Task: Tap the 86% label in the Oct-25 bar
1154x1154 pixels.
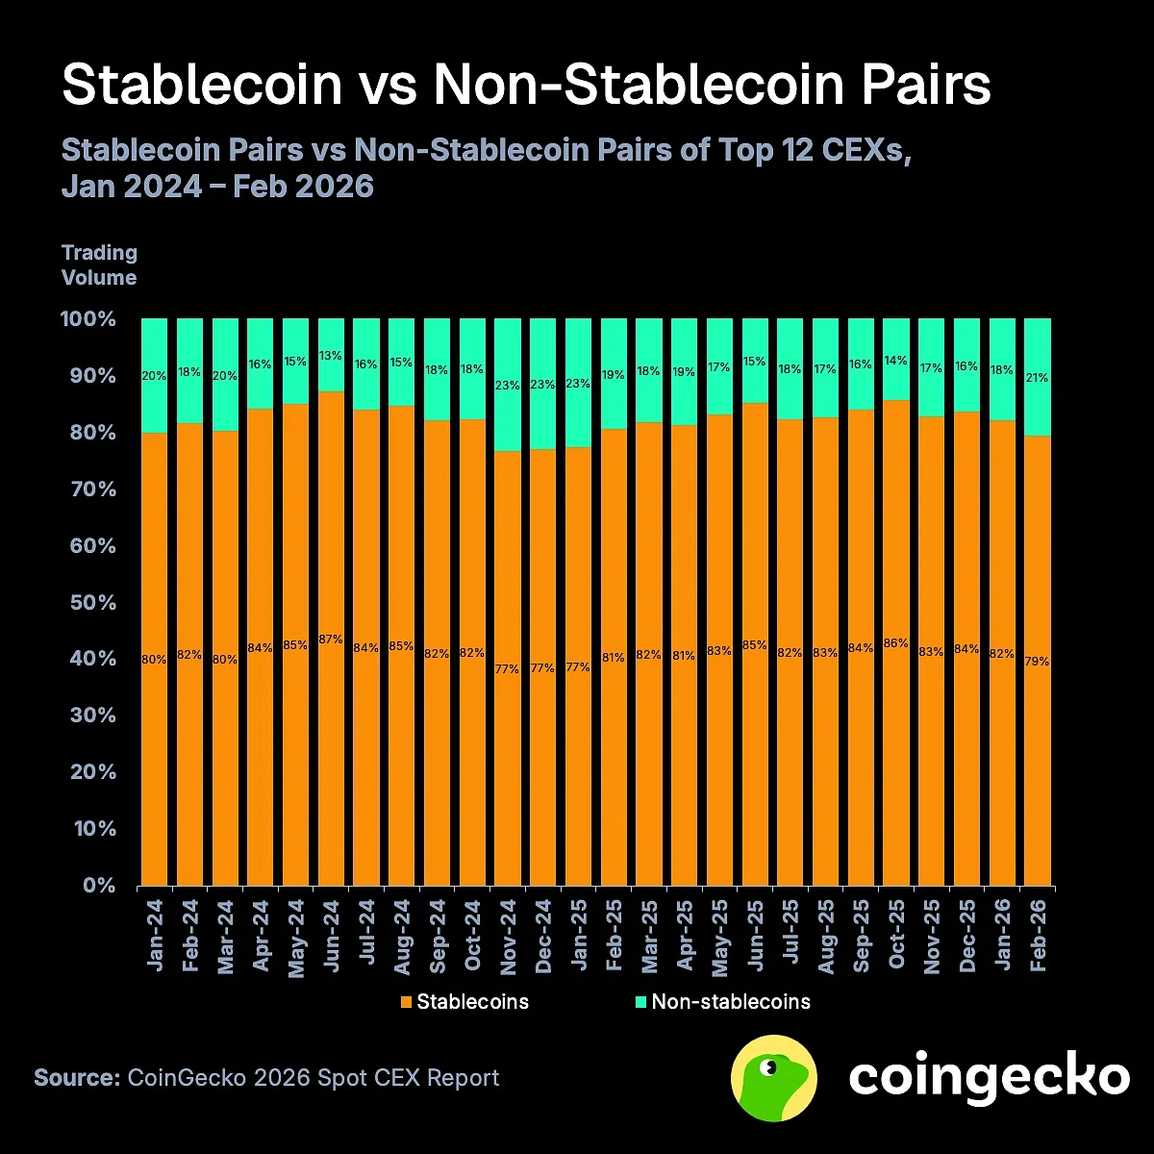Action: [895, 643]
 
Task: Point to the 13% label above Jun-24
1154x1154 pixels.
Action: [331, 356]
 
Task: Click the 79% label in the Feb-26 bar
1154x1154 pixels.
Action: [1037, 662]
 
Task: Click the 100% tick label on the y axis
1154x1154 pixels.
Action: [88, 319]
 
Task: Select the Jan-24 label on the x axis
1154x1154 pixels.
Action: [155, 934]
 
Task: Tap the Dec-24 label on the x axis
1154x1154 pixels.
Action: [543, 934]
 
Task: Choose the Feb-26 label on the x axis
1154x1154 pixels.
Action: [1038, 934]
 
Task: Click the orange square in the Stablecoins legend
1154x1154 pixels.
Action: [407, 1002]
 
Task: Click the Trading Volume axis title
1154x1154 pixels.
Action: [99, 265]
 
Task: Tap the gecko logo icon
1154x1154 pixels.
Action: [774, 1078]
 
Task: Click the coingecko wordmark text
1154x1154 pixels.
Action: [988, 1077]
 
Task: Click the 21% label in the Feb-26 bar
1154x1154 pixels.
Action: [1037, 379]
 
